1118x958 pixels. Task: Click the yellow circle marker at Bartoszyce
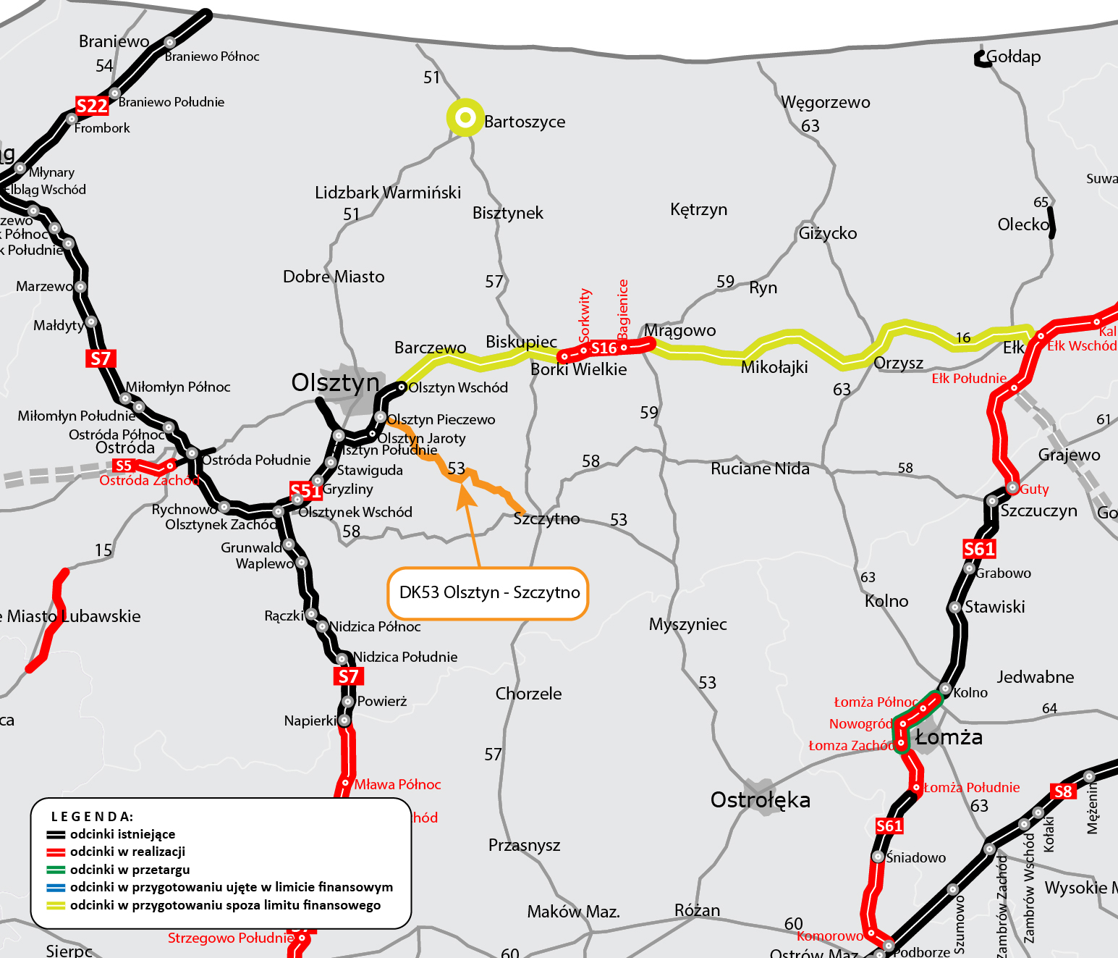click(x=465, y=117)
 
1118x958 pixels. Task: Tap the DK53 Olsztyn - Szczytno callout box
click(x=488, y=593)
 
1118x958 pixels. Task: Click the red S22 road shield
click(x=92, y=106)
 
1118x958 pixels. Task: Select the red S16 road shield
click(x=604, y=348)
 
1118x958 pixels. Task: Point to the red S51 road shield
click(x=305, y=491)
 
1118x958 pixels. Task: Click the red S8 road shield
click(x=1062, y=791)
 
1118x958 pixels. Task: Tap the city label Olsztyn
click(x=335, y=382)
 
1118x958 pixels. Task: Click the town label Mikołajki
click(x=774, y=367)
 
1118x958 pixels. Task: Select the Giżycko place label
click(x=828, y=233)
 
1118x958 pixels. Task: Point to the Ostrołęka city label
click(x=760, y=800)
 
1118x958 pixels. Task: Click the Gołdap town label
click(x=1013, y=56)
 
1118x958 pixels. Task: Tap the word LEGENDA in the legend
click(x=92, y=816)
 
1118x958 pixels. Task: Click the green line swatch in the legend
click(x=56, y=870)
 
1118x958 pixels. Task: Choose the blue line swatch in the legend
click(x=56, y=887)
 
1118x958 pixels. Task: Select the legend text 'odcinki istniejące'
click(x=122, y=834)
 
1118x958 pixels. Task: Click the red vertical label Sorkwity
click(x=585, y=315)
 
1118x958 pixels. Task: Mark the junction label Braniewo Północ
click(x=211, y=56)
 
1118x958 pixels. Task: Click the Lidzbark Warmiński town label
click(x=388, y=193)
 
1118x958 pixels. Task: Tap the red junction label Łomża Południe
click(x=972, y=787)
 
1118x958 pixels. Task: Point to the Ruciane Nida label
click(x=760, y=469)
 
